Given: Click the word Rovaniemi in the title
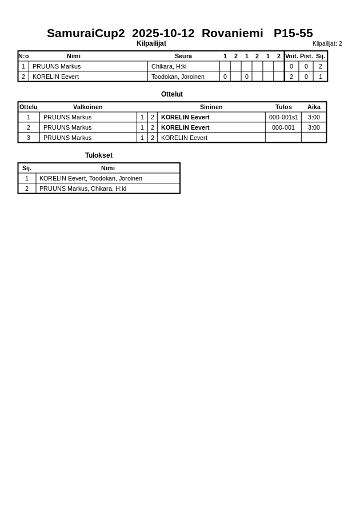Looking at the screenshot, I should coord(232,33).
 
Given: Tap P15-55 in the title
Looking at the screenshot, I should coord(293,33).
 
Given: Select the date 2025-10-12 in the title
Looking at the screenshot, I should coord(163,33).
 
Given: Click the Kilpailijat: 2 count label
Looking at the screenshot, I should coord(327,44).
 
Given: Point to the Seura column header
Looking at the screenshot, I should coord(183,56).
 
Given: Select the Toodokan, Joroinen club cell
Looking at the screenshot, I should coord(177,77).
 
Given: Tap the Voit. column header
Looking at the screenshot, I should coord(291,56).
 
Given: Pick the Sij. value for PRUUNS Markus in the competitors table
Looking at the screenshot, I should coord(320,66).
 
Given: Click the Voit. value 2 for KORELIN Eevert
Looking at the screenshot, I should coord(291,77).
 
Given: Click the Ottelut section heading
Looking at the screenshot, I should coord(171,94).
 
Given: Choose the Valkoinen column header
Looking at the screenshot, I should coord(87,107).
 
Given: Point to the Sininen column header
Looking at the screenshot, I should coord(211,107).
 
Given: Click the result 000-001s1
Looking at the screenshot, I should coord(283,117).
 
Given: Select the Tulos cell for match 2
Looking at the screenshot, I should coord(283,127).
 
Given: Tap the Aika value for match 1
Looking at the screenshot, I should coord(314,117).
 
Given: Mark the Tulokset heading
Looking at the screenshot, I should coord(98,155).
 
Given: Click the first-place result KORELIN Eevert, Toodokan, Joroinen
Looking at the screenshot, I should coord(90,178).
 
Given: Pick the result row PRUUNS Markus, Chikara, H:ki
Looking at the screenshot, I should coord(82,189).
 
